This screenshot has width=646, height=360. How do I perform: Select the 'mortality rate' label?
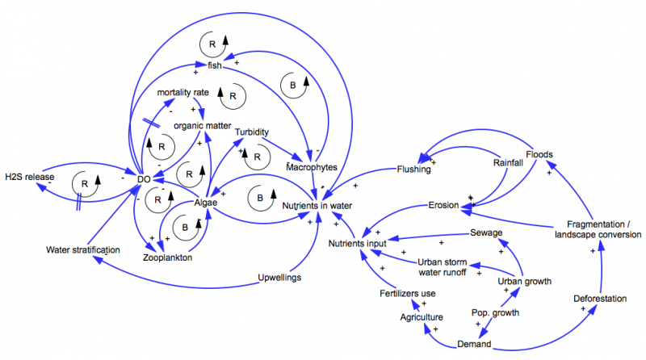click(x=183, y=92)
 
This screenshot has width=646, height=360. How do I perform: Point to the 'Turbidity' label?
click(x=252, y=132)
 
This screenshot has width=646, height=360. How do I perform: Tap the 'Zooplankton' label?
click(x=167, y=260)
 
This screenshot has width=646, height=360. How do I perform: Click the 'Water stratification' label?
click(x=83, y=249)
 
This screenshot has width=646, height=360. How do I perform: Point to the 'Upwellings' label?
click(x=279, y=278)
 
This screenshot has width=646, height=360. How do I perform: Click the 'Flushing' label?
click(x=413, y=170)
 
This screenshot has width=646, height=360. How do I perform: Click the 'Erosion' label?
click(x=443, y=206)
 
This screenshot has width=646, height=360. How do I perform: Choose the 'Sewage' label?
click(x=487, y=233)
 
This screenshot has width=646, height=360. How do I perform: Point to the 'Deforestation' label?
click(x=600, y=299)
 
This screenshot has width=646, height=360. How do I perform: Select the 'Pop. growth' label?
click(x=495, y=312)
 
